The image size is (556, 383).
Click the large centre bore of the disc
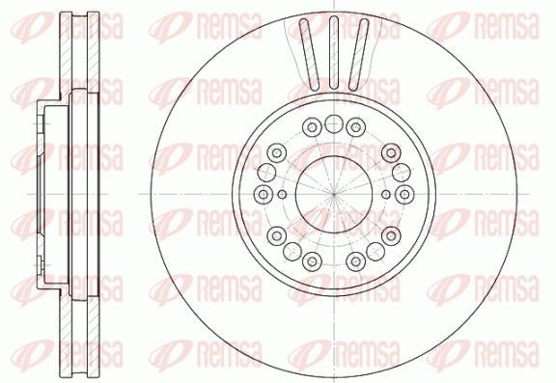tap(332, 194)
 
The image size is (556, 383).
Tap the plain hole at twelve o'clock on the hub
tap(333, 123)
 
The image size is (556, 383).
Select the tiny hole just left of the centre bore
tap(280, 194)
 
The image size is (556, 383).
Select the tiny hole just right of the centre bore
tap(385, 194)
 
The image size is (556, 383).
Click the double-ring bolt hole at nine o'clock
tap(263, 194)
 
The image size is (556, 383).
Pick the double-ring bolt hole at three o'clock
tap(403, 194)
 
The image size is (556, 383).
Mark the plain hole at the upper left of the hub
tap(274, 152)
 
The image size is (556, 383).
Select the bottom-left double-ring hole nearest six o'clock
tap(311, 260)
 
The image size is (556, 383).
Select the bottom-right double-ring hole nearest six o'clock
tap(354, 260)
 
